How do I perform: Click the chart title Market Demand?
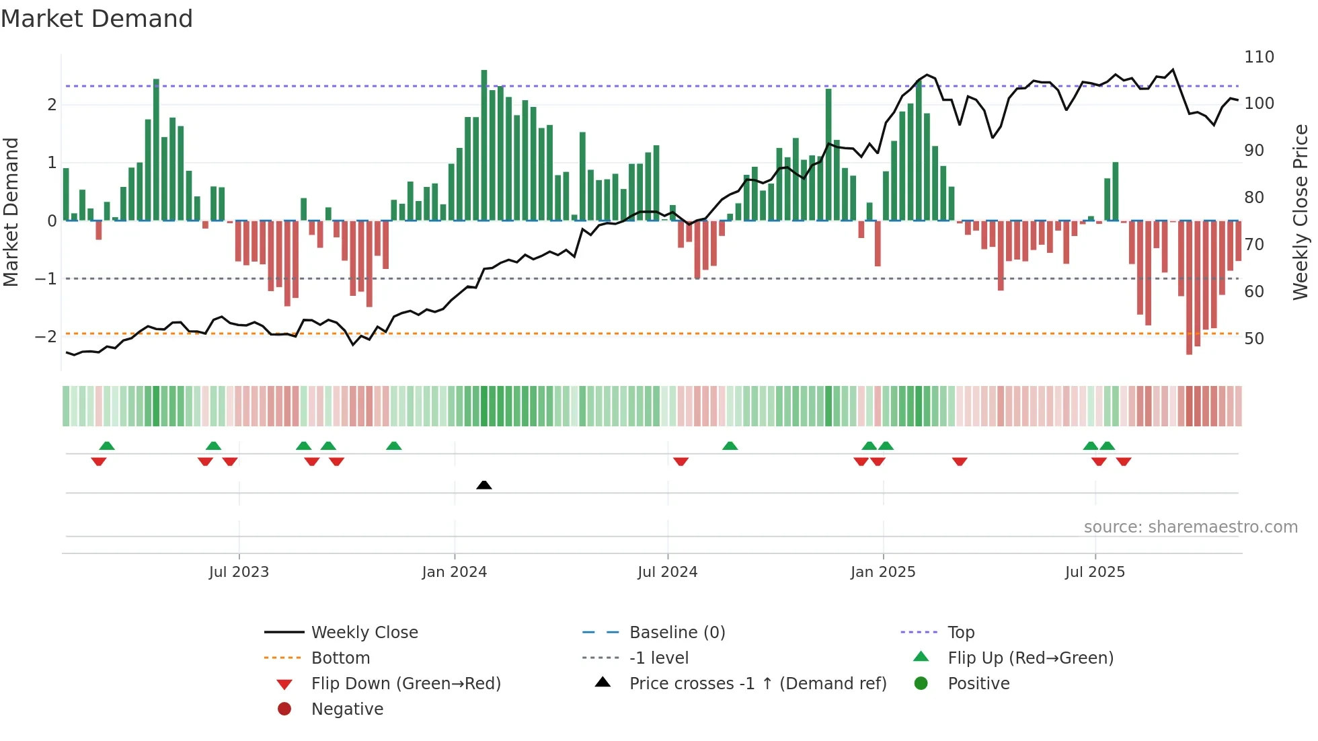coord(97,19)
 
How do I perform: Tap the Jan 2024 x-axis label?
coord(454,572)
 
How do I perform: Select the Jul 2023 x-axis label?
coord(239,572)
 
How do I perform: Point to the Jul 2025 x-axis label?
coord(1095,572)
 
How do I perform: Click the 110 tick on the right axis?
coord(1259,57)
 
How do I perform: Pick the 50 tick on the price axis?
coord(1254,338)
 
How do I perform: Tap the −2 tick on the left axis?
coord(46,336)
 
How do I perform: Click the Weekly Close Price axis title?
coord(1301,212)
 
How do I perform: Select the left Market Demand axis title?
coord(11,212)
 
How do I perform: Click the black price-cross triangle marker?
coord(484,485)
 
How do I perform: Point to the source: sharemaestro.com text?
coord(1190,526)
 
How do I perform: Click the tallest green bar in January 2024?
coord(484,145)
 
